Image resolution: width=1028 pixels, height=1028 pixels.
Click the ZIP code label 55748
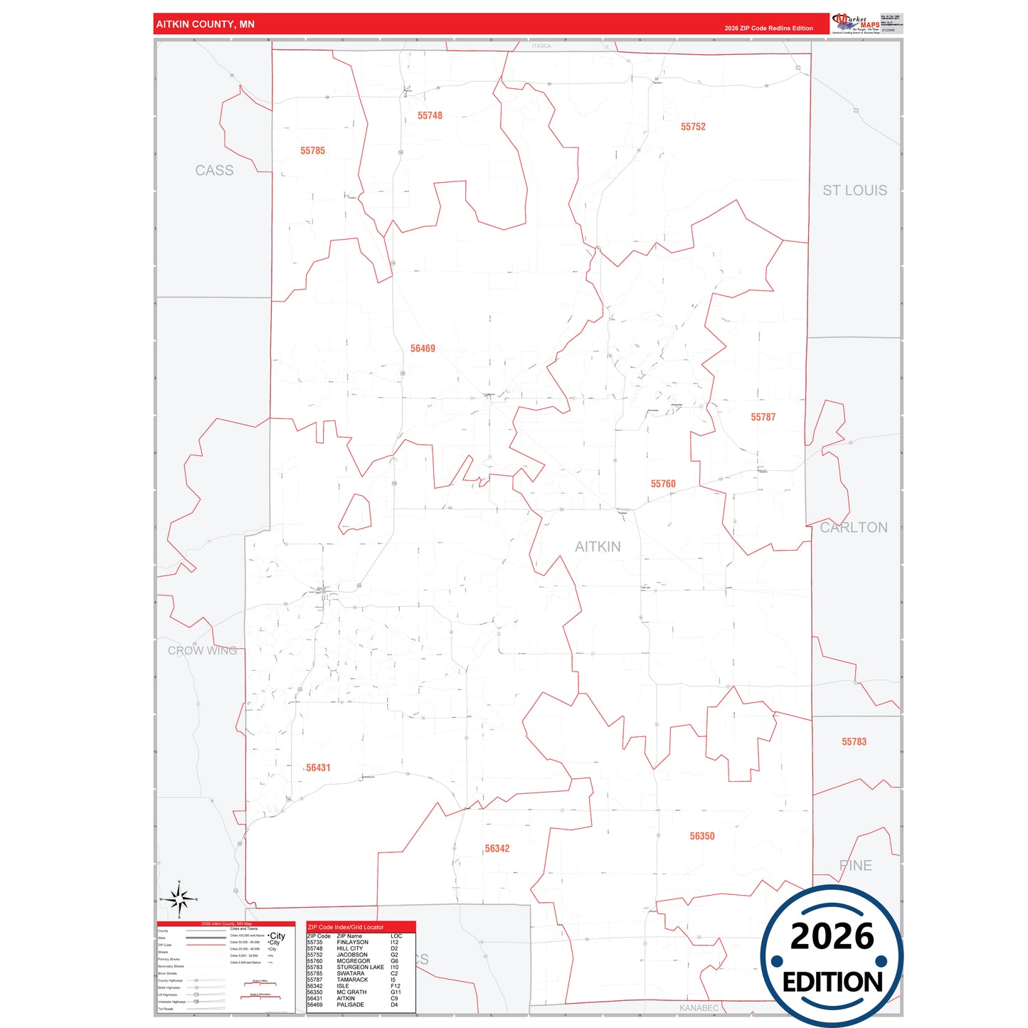click(430, 115)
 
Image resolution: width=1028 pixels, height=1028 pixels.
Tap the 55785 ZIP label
click(312, 151)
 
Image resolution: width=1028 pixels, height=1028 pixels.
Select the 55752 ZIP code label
click(693, 127)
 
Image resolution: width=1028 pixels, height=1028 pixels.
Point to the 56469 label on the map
click(423, 349)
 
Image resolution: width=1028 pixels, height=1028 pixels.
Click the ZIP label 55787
click(763, 417)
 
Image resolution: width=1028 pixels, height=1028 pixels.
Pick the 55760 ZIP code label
click(663, 484)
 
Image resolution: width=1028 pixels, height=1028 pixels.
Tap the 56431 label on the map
click(318, 768)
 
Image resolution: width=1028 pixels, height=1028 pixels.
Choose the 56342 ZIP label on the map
click(497, 849)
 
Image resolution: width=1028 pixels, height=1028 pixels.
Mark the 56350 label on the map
click(701, 836)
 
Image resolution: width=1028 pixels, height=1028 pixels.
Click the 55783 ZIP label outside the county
click(854, 741)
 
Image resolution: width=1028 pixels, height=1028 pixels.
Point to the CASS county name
click(214, 171)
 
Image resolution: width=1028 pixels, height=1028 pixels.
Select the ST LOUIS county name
click(854, 191)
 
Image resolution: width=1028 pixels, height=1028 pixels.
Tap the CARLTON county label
click(854, 527)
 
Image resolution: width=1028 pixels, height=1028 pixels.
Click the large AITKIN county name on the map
click(598, 546)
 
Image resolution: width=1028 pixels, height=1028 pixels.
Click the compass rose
click(179, 900)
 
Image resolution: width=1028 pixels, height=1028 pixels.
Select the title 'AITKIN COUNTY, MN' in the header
click(206, 24)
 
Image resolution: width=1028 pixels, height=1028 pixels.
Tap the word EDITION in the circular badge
click(832, 982)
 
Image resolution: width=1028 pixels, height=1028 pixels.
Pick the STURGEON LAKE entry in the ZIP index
click(360, 968)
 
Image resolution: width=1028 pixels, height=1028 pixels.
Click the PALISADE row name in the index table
click(350, 1005)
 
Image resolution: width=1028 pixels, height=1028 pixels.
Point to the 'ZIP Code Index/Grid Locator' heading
click(346, 927)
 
